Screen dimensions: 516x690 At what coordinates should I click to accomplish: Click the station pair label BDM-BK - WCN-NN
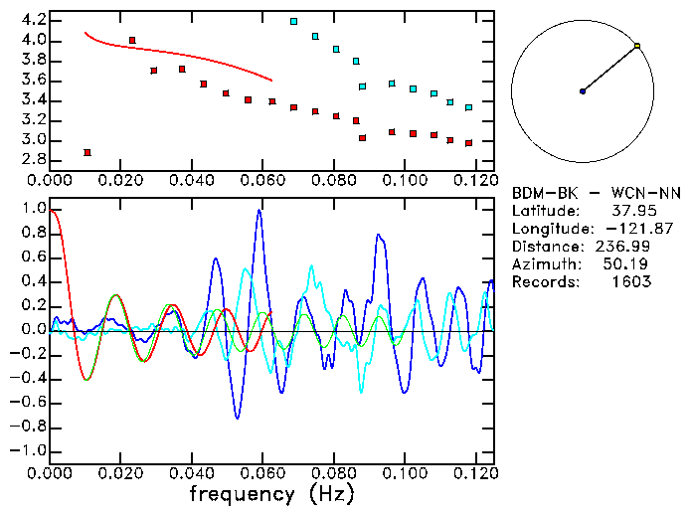597,193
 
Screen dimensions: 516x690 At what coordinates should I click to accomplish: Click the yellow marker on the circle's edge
637,46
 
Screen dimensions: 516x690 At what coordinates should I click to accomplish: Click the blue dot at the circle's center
583,91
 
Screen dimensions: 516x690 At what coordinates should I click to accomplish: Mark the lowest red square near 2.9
87,152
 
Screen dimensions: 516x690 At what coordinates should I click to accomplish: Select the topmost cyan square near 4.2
293,21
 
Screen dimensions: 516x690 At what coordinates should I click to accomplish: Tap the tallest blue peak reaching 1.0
259,211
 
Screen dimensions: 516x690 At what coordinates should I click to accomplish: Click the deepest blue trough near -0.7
238,417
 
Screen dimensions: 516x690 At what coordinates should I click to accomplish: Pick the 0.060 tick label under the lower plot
259,474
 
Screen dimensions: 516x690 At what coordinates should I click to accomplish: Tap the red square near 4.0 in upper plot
132,41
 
